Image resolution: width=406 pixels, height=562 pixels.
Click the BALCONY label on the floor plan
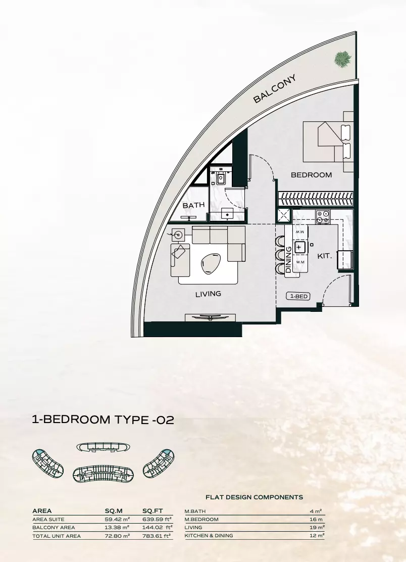point(274,89)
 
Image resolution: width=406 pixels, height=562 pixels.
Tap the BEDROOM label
point(312,175)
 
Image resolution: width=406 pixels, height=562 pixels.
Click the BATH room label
point(193,206)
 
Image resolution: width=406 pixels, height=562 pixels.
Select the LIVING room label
point(209,294)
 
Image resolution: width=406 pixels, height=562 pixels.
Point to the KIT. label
point(324,256)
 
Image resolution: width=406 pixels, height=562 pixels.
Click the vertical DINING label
point(289,260)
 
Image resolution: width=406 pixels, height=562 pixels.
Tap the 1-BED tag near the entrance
point(298,297)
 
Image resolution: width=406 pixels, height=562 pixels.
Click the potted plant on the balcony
point(342,59)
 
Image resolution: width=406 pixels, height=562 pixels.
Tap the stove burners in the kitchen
point(322,217)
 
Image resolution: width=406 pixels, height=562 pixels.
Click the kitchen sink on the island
point(300,247)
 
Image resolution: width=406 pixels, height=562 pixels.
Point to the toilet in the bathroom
point(221,177)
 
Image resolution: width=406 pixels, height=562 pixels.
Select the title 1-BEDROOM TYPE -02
point(103,419)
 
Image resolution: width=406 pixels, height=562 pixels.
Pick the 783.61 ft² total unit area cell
point(157,536)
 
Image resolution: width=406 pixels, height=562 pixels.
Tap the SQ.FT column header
point(153,511)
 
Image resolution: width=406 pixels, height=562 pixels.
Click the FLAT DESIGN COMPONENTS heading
point(254,497)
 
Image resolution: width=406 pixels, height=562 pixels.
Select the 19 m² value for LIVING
point(317,527)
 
